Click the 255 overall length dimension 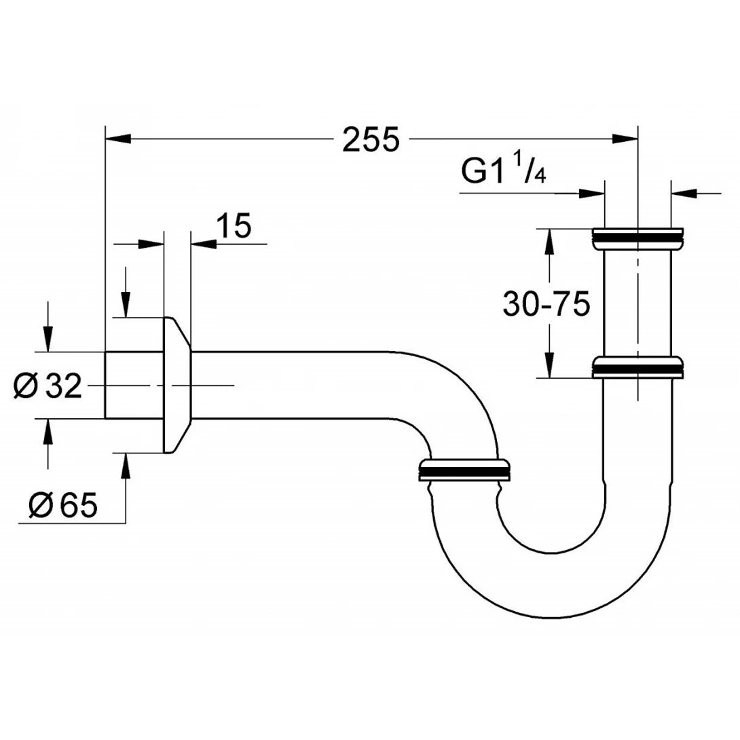[370, 139]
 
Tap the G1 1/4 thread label [504, 170]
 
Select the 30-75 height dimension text [546, 303]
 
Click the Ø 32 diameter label [48, 387]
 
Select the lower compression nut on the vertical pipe [637, 367]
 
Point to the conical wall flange [177, 385]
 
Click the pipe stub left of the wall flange [134, 385]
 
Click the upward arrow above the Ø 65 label [126, 464]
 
